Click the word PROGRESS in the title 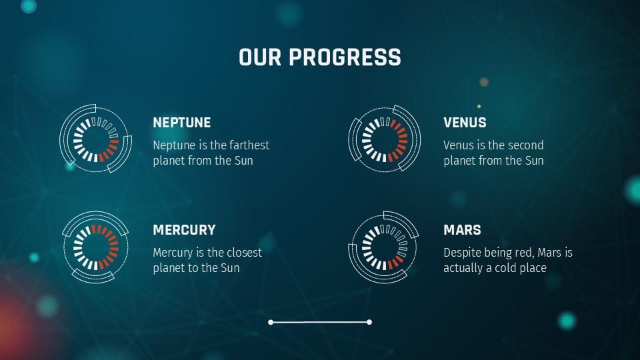pos(345,57)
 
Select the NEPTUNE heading pos(181,123)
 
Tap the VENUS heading pos(465,123)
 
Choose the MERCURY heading pos(184,230)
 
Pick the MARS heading pos(462,230)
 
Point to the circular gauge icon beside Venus pos(384,139)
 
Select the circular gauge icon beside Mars pos(383,247)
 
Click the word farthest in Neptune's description pos(248,145)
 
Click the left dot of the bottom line pos(271,322)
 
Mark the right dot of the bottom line pos(369,322)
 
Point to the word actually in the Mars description pos(465,268)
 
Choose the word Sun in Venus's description pos(533,161)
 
